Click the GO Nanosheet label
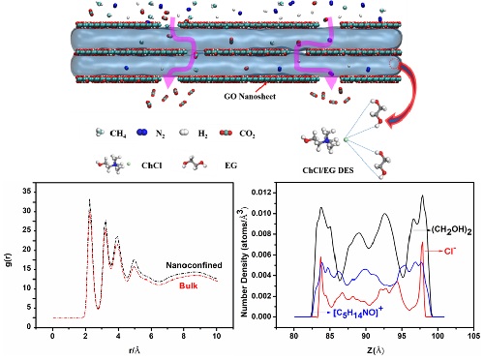coord(250,96)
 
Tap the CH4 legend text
coord(118,134)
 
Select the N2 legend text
coord(161,134)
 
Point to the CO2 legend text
coord(247,134)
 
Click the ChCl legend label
coord(152,165)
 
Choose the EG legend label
coord(231,165)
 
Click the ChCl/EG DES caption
coord(328,170)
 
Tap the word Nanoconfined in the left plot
coord(194,265)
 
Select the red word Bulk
coord(189,285)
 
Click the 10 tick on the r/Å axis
coord(217,336)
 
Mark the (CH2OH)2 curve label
coord(452,230)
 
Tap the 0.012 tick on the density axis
coord(262,193)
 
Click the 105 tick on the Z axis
coord(473,336)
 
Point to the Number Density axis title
coord(245,260)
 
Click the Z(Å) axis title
coord(375,350)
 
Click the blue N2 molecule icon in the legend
coord(141,132)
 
